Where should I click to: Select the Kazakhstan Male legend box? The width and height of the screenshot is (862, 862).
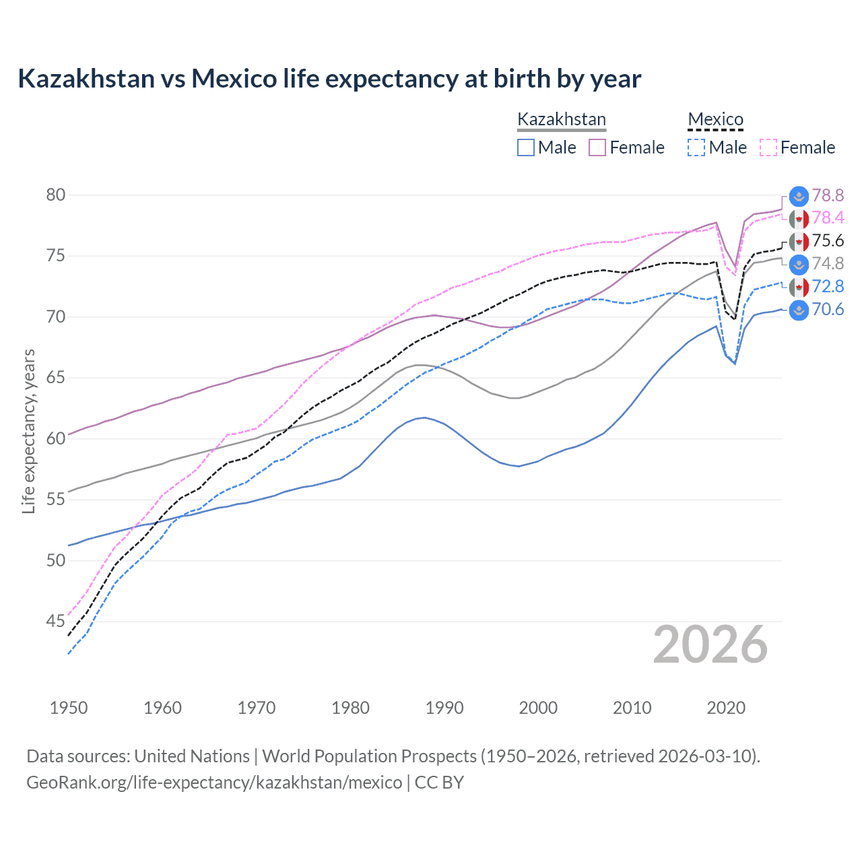(x=526, y=147)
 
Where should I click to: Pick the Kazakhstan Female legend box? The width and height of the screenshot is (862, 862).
(x=598, y=147)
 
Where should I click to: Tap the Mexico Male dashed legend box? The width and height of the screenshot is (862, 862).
(x=696, y=147)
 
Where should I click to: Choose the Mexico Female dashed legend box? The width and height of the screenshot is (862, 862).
(x=768, y=147)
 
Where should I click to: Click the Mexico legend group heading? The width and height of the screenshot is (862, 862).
(x=715, y=119)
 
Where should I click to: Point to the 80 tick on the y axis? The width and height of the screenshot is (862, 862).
(x=56, y=195)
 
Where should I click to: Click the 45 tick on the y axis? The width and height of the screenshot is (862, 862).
(x=56, y=621)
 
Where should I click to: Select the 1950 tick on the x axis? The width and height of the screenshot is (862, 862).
(x=69, y=708)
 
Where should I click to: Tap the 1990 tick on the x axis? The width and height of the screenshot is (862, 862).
(x=444, y=708)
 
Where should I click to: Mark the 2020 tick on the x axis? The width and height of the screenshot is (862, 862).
(x=726, y=708)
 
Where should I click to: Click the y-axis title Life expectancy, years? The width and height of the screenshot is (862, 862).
(x=28, y=431)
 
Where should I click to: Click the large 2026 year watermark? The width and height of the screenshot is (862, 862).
(x=710, y=644)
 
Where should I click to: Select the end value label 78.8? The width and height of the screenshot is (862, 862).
(x=828, y=195)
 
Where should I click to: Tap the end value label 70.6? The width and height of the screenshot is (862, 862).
(x=828, y=309)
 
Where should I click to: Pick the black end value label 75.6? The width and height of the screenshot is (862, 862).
(x=828, y=241)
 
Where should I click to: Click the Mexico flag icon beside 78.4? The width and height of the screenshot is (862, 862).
(x=799, y=219)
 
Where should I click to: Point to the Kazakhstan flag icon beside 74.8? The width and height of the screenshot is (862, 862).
(x=799, y=264)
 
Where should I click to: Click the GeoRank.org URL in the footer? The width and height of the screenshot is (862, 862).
(x=214, y=783)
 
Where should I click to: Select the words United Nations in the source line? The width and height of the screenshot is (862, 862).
(x=192, y=756)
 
